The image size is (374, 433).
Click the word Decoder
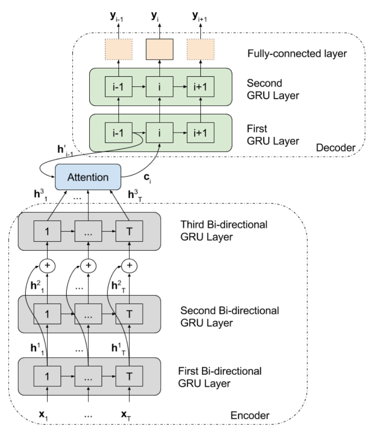335,148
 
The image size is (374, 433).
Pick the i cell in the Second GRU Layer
159,87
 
